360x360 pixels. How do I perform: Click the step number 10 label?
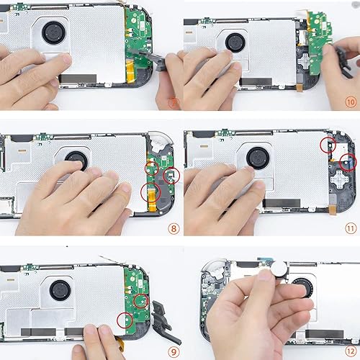pyautogui.click(x=351, y=102)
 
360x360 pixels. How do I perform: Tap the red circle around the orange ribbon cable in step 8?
pyautogui.click(x=150, y=192)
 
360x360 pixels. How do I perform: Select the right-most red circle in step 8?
pyautogui.click(x=171, y=174)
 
